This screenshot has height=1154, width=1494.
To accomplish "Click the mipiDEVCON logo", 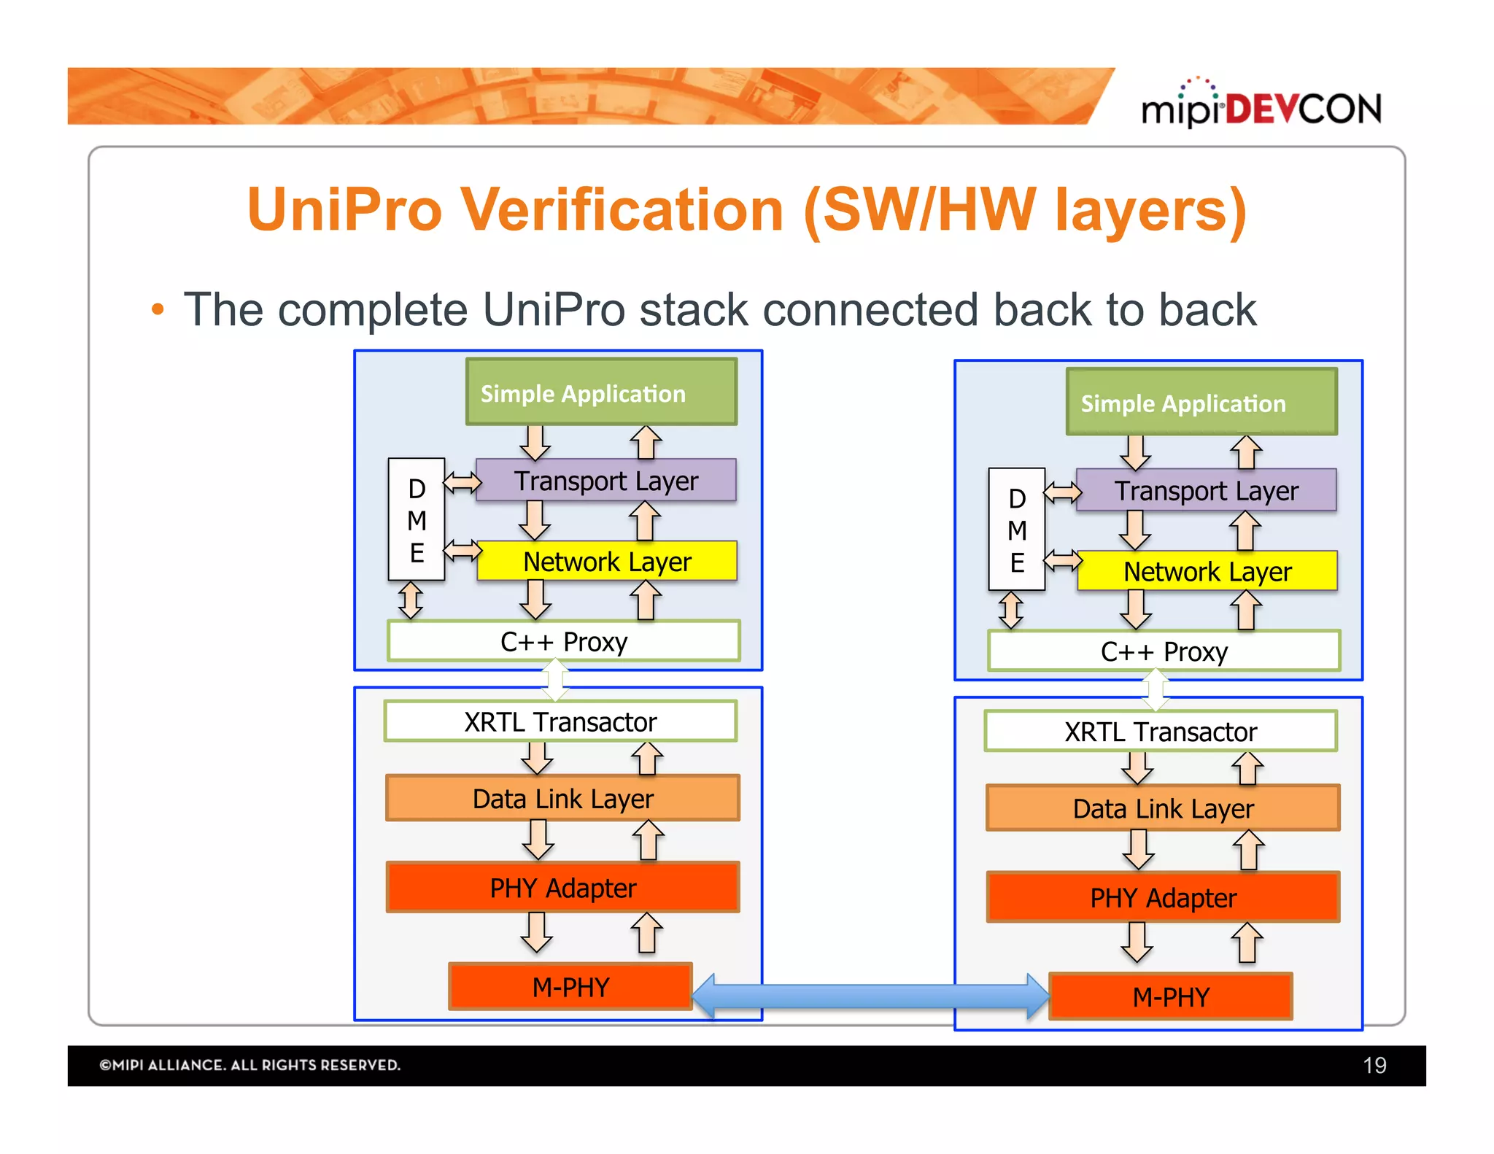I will (x=1261, y=108).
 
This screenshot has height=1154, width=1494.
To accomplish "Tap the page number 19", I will (x=1374, y=1065).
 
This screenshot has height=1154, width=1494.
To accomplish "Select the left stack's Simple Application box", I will (x=601, y=392).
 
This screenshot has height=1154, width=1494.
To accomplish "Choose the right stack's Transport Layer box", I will (x=1206, y=490).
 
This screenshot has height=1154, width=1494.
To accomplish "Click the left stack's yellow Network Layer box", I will (x=606, y=561).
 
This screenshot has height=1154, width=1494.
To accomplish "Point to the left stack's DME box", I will (x=417, y=519).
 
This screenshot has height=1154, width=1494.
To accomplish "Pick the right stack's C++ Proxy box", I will (x=1164, y=651).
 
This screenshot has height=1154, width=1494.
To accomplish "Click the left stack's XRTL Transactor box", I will (x=560, y=721).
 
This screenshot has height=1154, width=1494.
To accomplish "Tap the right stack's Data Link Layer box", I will (x=1163, y=808).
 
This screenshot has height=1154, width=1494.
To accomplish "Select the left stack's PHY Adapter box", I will (x=562, y=887).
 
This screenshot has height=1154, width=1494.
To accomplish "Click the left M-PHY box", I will (x=570, y=986).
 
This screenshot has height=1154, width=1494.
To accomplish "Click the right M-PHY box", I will (x=1170, y=996).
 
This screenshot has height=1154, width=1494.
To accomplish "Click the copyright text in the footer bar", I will (x=249, y=1065).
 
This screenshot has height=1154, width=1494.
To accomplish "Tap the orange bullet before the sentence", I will (x=158, y=310).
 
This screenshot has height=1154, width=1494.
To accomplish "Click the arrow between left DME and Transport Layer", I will (x=462, y=482).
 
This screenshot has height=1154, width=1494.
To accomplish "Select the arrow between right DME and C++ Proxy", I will (x=1010, y=610).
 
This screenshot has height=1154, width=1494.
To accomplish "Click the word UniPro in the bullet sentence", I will (x=553, y=310).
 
